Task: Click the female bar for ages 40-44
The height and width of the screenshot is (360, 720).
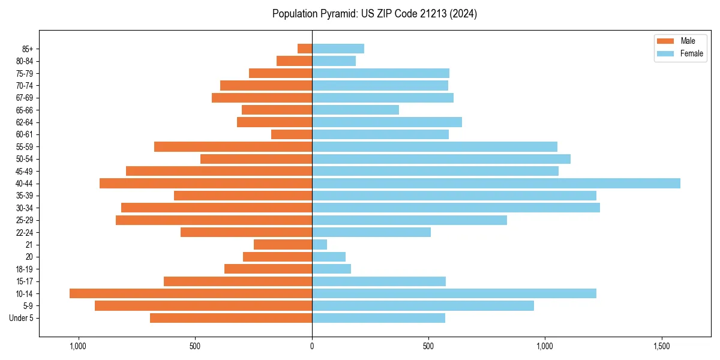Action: [496, 183]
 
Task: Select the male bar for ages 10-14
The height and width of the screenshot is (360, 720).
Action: [191, 293]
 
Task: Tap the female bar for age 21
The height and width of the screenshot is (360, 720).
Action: [319, 244]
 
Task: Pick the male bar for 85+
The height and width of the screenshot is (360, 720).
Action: [305, 49]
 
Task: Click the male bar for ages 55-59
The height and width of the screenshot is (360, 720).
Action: [233, 146]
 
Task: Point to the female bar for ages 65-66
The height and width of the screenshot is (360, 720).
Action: [355, 110]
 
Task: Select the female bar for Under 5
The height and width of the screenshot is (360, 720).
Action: [378, 318]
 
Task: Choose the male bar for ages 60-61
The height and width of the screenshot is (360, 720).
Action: [292, 134]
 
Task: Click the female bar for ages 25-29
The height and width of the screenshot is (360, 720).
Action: [409, 220]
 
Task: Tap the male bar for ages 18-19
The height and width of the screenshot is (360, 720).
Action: [268, 269]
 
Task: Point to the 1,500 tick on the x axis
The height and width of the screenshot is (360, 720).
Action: [662, 346]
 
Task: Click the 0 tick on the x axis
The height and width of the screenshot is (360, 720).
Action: [312, 346]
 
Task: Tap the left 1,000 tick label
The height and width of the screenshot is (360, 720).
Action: [78, 346]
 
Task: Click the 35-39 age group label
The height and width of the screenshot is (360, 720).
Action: [25, 196]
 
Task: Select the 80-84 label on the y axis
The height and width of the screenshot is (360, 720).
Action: [25, 61]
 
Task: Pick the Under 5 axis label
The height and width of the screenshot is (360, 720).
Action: [21, 318]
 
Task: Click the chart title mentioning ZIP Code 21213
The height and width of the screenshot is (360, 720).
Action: [374, 14]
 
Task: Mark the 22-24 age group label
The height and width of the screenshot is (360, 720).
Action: [25, 232]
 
